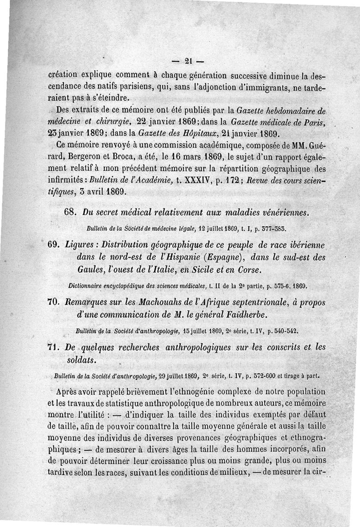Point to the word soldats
coord(90,361)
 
